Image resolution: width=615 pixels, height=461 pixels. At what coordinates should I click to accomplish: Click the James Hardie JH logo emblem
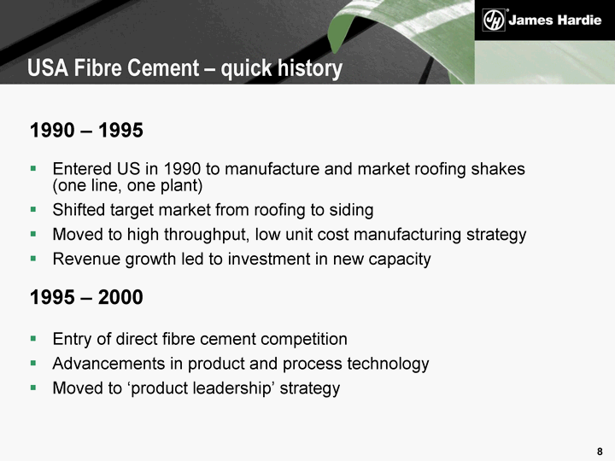(494, 20)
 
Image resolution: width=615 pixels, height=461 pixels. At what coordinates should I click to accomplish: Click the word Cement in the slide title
(163, 67)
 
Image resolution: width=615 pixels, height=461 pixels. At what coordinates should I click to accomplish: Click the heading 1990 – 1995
(86, 130)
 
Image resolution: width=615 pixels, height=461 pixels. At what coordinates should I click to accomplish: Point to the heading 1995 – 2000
(86, 297)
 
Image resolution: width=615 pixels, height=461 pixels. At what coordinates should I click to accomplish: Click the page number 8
(600, 452)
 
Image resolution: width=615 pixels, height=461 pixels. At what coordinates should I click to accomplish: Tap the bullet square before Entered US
(33, 169)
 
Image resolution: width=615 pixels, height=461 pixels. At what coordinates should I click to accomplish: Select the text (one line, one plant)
(127, 185)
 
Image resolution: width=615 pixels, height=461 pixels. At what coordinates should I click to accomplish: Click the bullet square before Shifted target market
(33, 210)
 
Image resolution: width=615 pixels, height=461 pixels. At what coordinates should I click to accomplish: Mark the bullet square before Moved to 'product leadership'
(33, 388)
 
